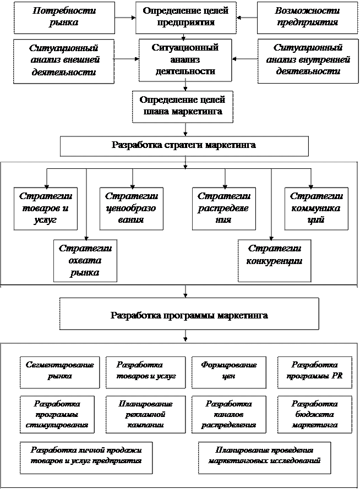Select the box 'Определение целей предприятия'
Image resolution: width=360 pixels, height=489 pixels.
(185, 17)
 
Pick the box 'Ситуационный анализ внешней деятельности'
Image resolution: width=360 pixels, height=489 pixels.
(63, 61)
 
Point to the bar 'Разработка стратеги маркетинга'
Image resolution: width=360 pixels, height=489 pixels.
(184, 146)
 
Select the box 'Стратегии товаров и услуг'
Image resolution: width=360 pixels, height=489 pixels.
(46, 208)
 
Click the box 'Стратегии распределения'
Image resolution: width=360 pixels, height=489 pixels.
(224, 208)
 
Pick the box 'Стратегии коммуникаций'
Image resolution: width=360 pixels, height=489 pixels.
(317, 208)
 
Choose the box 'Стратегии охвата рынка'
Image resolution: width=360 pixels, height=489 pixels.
(85, 259)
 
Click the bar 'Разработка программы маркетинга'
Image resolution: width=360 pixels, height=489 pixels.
(189, 316)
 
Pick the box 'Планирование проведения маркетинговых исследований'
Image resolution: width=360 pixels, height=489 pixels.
(264, 456)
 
